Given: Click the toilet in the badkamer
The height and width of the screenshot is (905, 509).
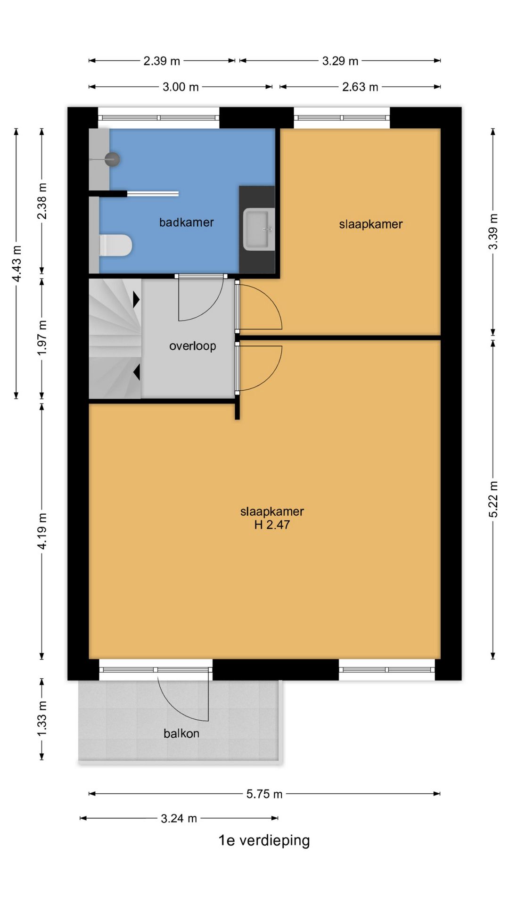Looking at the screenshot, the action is [x=116, y=245].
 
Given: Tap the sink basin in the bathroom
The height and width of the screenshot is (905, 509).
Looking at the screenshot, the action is [x=259, y=230].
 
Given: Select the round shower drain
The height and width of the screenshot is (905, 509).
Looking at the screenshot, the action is [x=112, y=159].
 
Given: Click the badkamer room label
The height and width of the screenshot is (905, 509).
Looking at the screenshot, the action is [x=186, y=222].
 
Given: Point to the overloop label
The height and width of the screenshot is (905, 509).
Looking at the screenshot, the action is [x=192, y=346].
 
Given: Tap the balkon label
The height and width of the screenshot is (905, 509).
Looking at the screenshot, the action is [x=181, y=733].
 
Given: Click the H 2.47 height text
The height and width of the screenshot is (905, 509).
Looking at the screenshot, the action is [x=272, y=525].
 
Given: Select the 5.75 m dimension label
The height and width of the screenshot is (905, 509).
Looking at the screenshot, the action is [x=264, y=794].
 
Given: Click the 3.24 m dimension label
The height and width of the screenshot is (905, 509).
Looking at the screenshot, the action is [x=179, y=819].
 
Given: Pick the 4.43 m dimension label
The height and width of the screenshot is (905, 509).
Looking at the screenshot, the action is [x=16, y=263].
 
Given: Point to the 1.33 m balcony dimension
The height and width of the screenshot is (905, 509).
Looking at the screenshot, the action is [x=42, y=718].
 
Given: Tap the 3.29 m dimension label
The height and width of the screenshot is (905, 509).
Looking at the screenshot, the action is [x=340, y=61].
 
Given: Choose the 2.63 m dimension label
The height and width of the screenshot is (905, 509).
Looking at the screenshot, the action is [x=360, y=87].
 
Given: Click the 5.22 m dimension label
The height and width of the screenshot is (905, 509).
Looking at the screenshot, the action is [x=493, y=499].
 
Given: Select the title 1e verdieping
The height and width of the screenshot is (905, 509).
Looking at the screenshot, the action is [x=264, y=840].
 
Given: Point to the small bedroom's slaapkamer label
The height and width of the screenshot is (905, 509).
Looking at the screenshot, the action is [x=371, y=224].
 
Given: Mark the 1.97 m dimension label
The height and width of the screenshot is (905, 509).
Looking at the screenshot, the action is [x=42, y=338].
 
